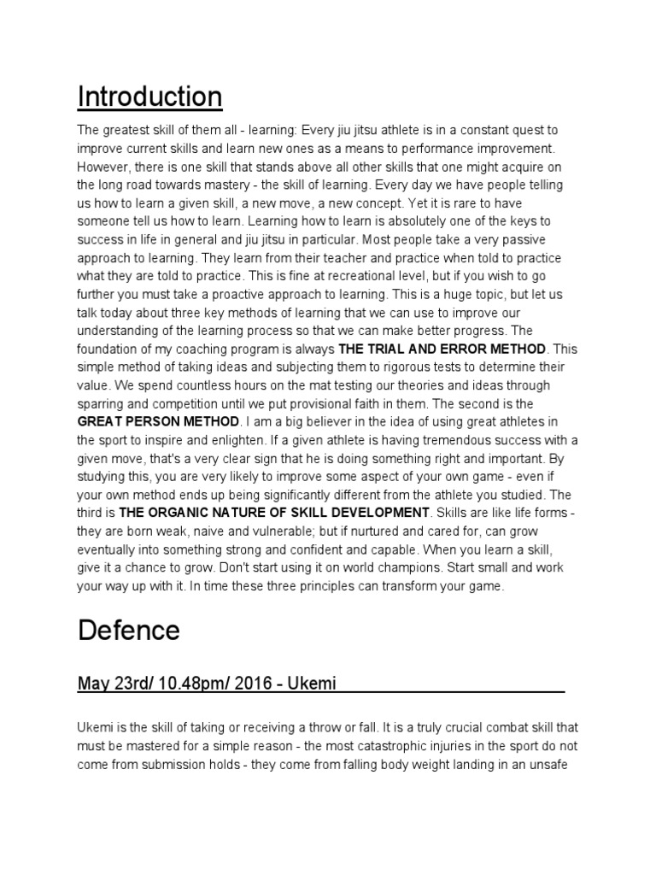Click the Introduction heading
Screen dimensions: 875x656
coord(149,97)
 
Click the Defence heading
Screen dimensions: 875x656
coord(129,631)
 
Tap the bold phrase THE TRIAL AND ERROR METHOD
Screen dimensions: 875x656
coord(442,349)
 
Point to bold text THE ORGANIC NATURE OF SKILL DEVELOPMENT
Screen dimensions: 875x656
coord(273,512)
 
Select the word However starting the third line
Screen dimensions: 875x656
coord(106,167)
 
